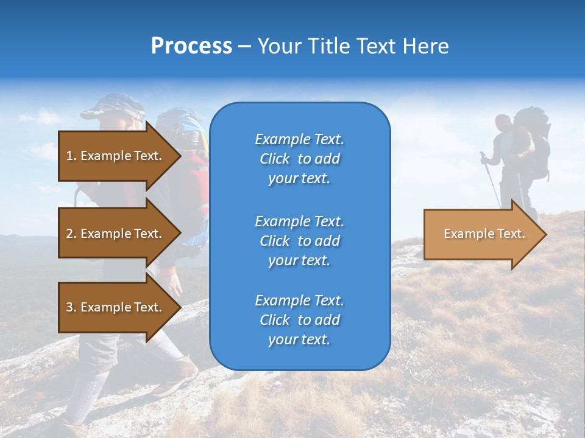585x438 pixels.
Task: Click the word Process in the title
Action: [191, 46]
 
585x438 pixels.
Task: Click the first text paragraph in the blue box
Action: [299, 159]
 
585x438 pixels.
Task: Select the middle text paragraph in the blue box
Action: [299, 241]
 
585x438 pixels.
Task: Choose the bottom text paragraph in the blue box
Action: [299, 320]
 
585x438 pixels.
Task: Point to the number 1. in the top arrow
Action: [71, 156]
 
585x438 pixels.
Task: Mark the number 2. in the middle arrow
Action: [71, 234]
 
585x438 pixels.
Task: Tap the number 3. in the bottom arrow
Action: [71, 307]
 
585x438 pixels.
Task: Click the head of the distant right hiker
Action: [503, 122]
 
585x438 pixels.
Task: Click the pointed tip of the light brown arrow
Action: [545, 234]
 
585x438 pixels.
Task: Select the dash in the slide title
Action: [244, 47]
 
